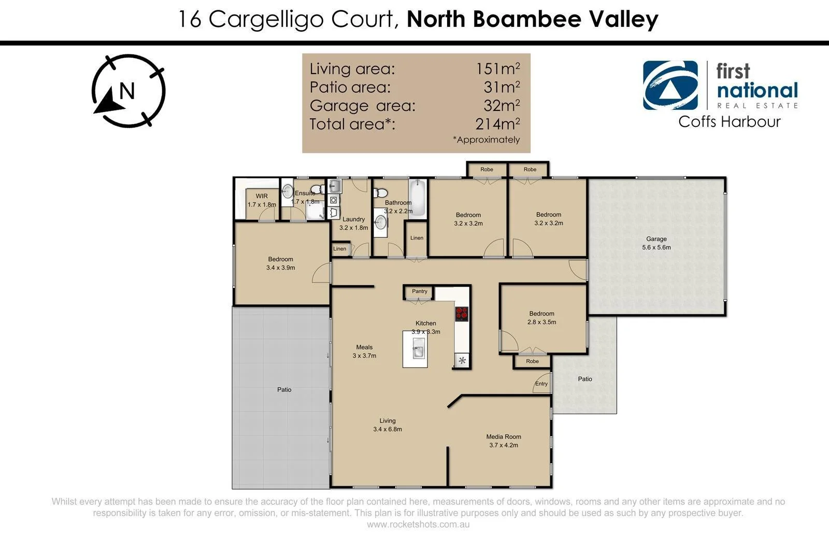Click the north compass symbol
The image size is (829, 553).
click(128, 91)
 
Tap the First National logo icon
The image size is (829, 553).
click(670, 86)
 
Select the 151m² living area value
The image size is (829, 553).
click(497, 68)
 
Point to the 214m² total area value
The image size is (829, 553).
click(497, 124)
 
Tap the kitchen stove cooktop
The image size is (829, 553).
click(462, 314)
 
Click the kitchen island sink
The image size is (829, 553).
click(418, 348)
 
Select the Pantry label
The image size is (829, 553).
click(420, 291)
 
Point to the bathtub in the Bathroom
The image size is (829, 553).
click(418, 198)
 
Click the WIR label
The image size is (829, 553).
click(262, 196)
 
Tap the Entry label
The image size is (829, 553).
click(541, 384)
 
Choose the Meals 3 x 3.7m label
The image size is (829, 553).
click(364, 351)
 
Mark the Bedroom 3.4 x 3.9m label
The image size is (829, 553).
click(280, 263)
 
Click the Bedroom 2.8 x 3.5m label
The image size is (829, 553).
click(541, 318)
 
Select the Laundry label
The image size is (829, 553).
click(353, 219)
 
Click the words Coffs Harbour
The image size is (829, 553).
click(729, 122)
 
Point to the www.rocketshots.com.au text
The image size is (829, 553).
click(418, 524)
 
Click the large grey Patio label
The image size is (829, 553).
click(284, 390)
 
